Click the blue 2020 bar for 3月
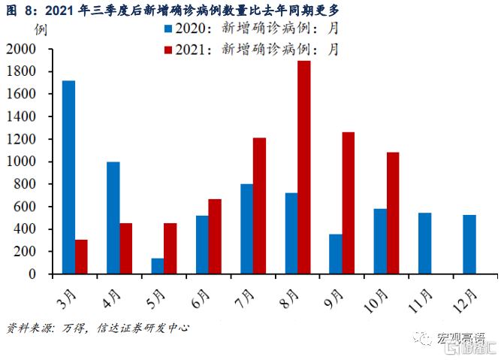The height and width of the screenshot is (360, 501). (68, 177)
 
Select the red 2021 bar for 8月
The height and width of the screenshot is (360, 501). (303, 167)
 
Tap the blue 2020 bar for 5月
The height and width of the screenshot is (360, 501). (158, 266)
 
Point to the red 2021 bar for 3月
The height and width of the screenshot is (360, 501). (81, 256)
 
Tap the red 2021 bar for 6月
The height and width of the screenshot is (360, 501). (215, 236)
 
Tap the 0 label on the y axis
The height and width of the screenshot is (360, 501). (33, 274)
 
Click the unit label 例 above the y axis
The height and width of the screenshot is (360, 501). (39, 31)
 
